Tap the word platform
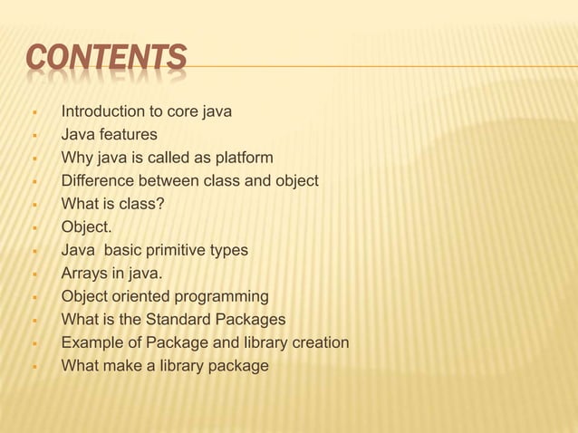coord(242,159)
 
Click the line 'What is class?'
coord(113,204)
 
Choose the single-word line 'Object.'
coord(86,227)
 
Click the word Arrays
coord(84,273)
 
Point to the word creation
coord(317,342)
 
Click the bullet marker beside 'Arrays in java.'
coord(33,274)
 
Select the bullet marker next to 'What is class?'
coord(33,205)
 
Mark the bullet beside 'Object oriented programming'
coord(33,297)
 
